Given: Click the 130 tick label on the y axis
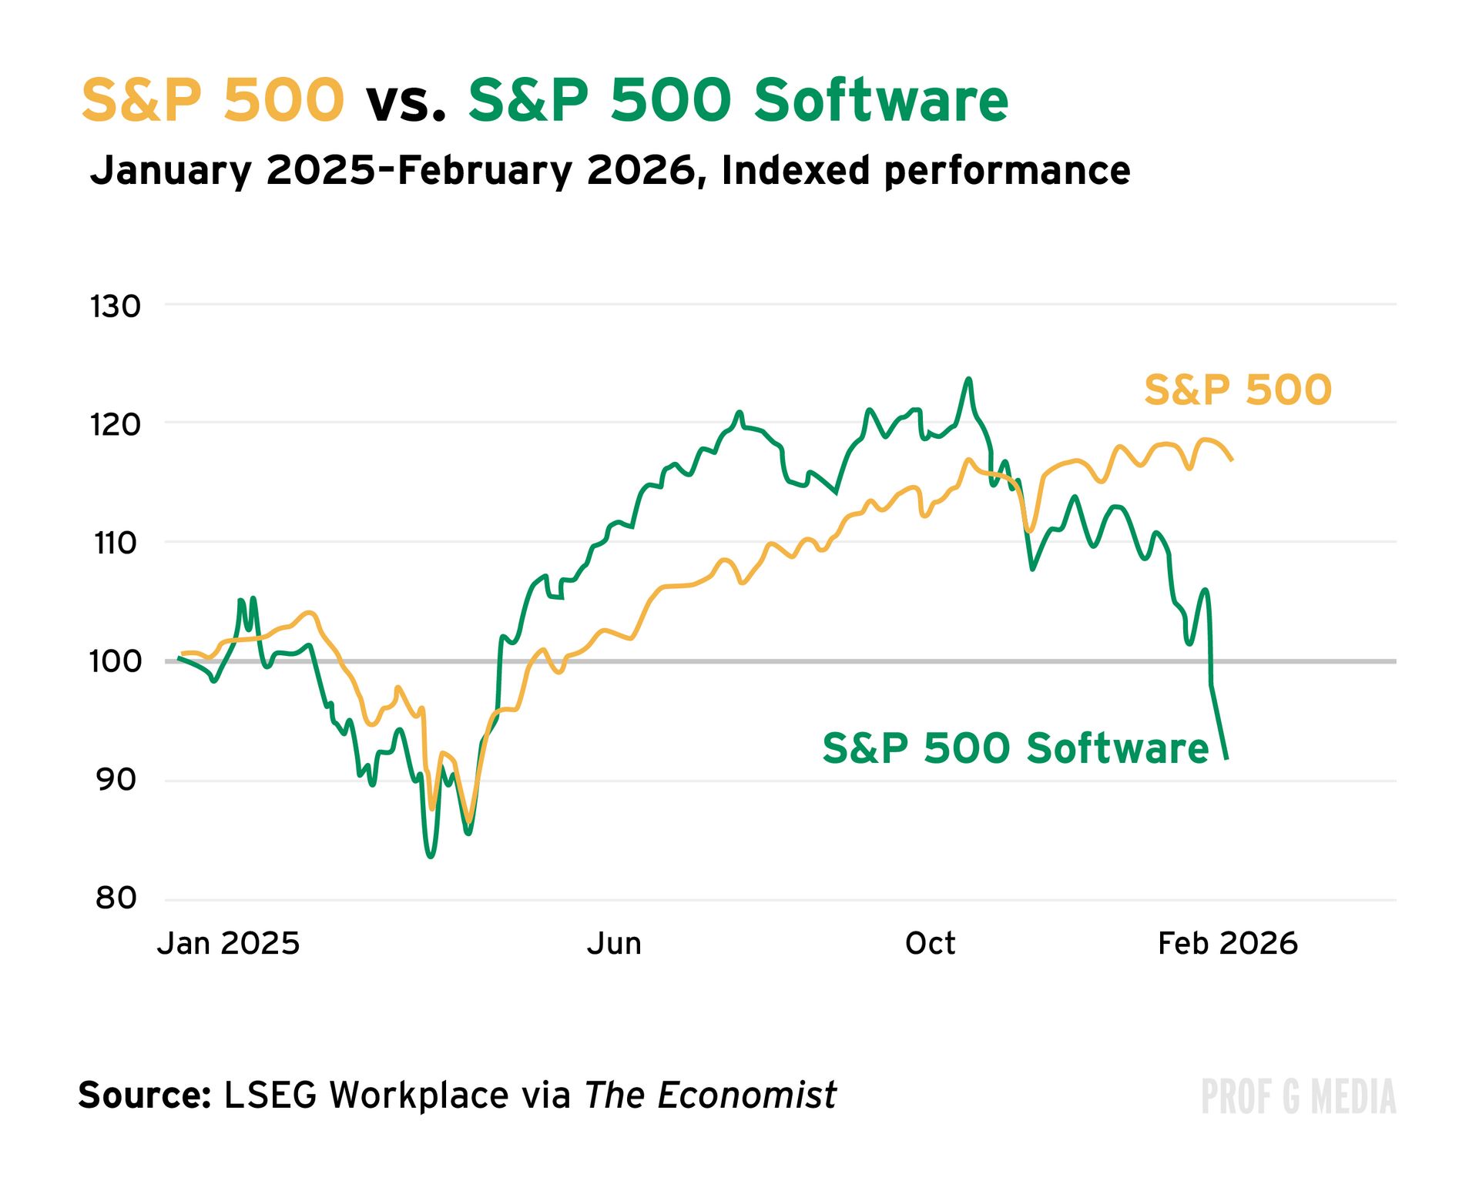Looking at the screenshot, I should pyautogui.click(x=116, y=306).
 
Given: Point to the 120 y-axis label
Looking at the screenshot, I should pyautogui.click(x=116, y=424).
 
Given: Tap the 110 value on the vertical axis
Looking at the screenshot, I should pyautogui.click(x=116, y=544).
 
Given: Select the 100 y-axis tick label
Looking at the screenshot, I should pyautogui.click(x=116, y=661).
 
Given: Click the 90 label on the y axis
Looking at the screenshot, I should pyautogui.click(x=116, y=780).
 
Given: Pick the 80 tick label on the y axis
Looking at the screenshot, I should pyautogui.click(x=116, y=898).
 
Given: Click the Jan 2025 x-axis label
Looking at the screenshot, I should pyautogui.click(x=228, y=943).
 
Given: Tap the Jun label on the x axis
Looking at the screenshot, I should pyautogui.click(x=614, y=943).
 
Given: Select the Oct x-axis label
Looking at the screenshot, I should pyautogui.click(x=930, y=943).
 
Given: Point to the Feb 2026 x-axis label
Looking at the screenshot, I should pyautogui.click(x=1228, y=943).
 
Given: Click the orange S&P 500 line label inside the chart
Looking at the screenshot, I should pyautogui.click(x=1237, y=390).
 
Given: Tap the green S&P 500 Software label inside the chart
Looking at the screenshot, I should pyautogui.click(x=1015, y=748).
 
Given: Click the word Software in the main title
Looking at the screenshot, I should pyautogui.click(x=880, y=100).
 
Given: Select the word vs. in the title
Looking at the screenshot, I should pyautogui.click(x=406, y=100).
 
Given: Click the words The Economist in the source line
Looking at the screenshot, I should pyautogui.click(x=709, y=1094).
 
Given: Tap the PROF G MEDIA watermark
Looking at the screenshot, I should pyautogui.click(x=1298, y=1097).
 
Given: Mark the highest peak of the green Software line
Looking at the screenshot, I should pyautogui.click(x=968, y=379).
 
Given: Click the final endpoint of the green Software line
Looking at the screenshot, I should pyautogui.click(x=1226, y=758).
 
